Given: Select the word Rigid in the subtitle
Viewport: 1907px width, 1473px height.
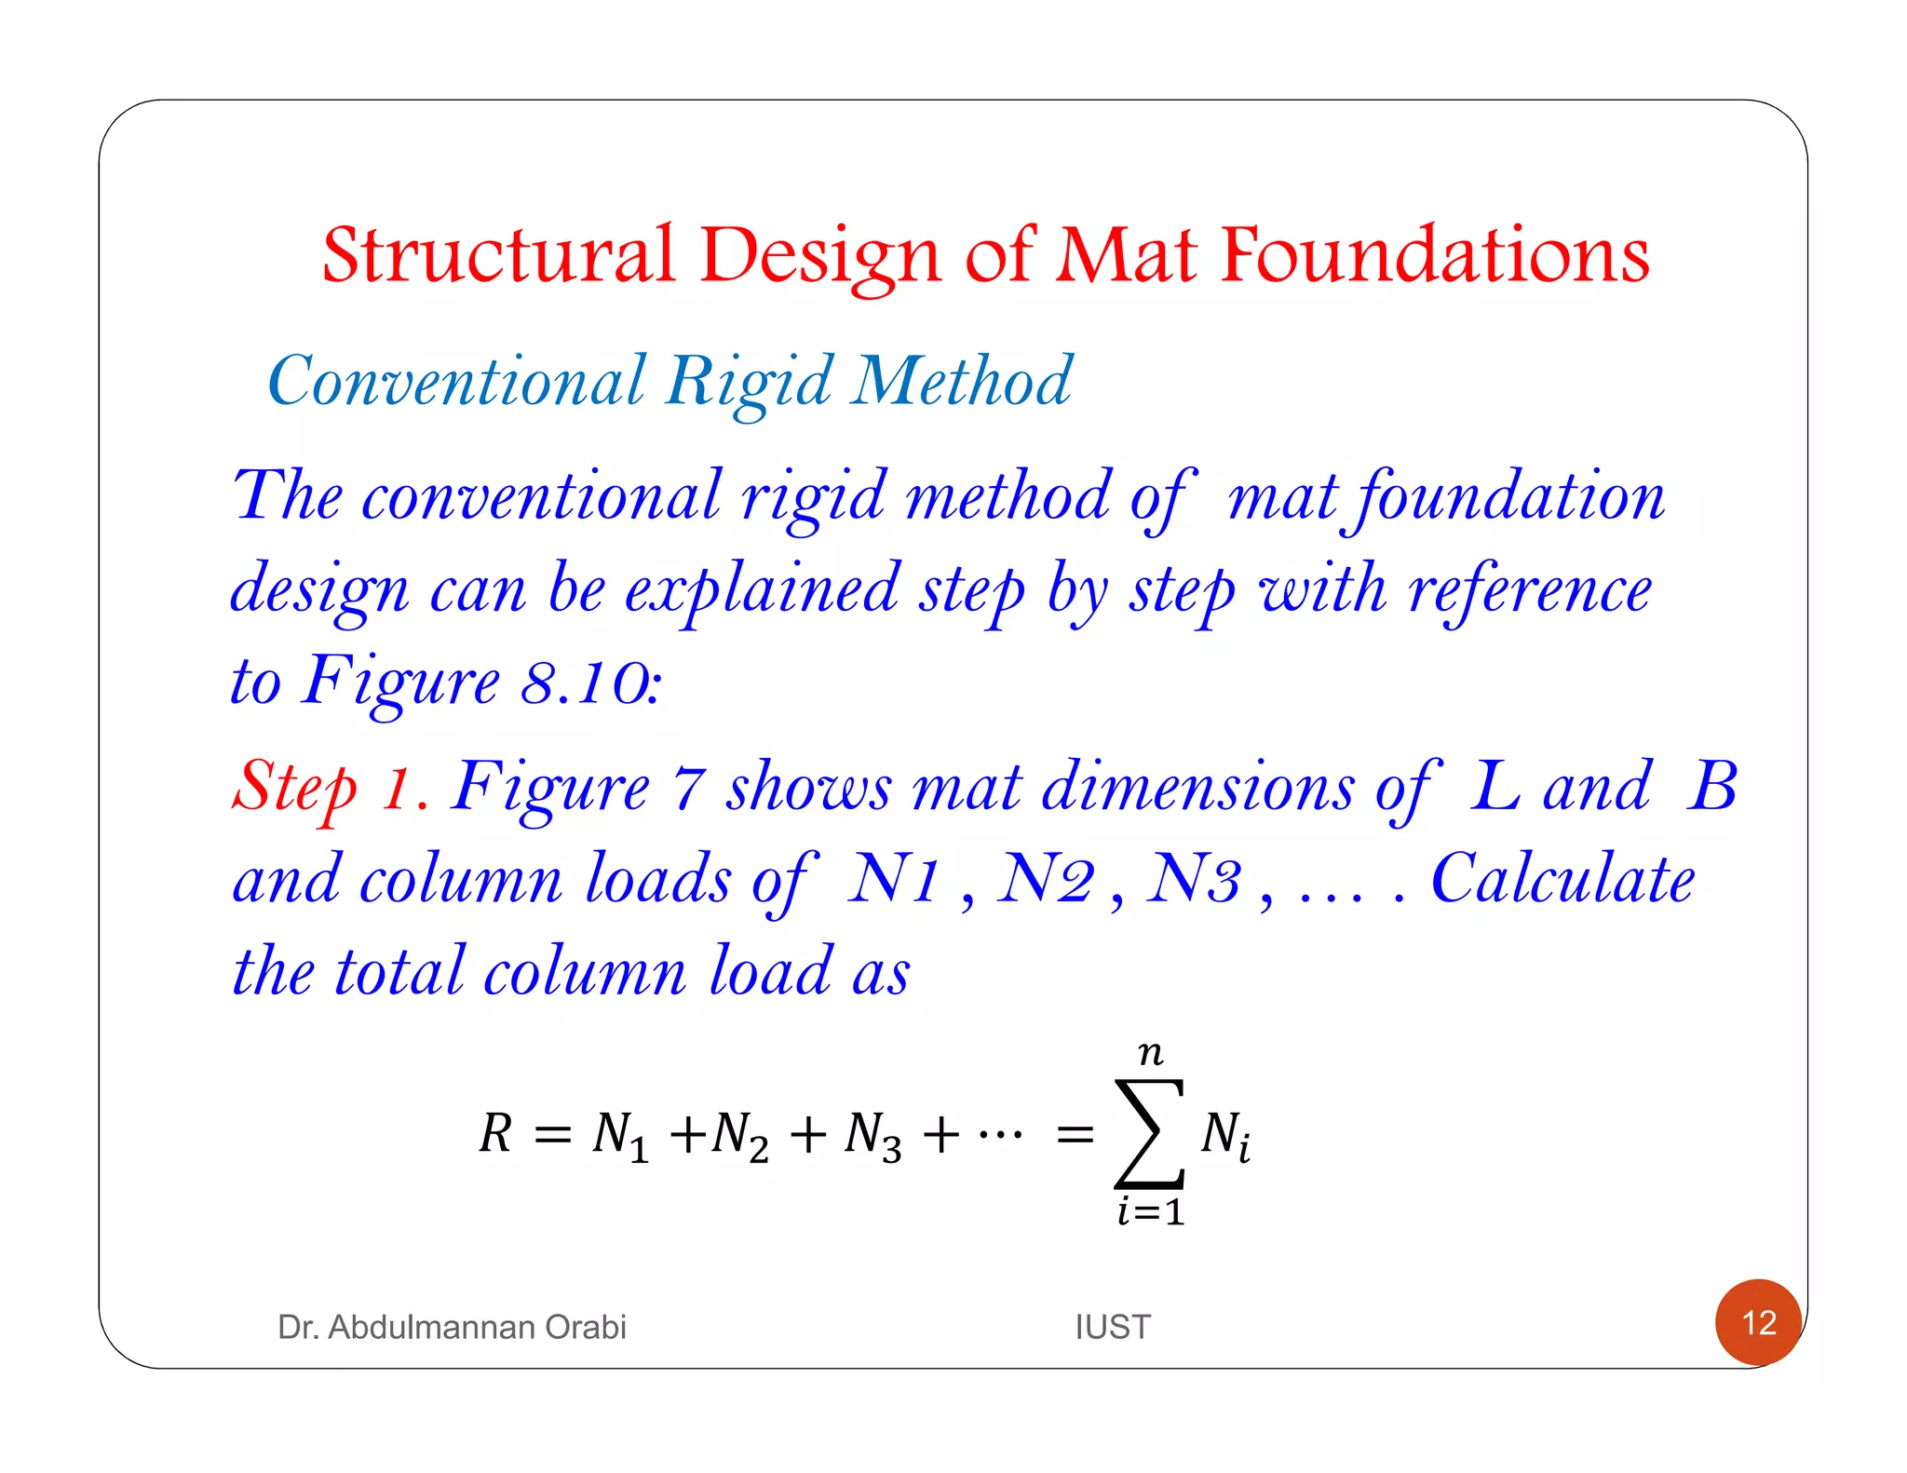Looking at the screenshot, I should click(x=750, y=382).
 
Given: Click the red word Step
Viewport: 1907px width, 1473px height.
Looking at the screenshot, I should click(x=294, y=787).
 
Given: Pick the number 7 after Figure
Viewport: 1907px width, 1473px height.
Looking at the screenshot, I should click(x=688, y=788).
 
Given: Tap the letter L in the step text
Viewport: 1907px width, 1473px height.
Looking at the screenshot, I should click(x=1495, y=786).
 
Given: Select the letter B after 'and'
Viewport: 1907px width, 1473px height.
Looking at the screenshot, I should click(x=1711, y=786).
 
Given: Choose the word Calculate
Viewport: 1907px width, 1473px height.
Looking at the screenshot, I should click(x=1562, y=879).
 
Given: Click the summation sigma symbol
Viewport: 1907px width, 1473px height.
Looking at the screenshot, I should click(x=1150, y=1133).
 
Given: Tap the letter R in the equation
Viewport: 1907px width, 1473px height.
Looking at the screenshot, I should click(x=495, y=1133).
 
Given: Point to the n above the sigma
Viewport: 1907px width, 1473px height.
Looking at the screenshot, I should click(x=1151, y=1053).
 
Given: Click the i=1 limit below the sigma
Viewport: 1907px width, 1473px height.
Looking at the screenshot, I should click(x=1151, y=1212).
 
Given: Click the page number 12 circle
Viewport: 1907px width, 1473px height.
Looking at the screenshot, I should click(x=1758, y=1322).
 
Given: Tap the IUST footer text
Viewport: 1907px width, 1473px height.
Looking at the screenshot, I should click(x=1113, y=1327).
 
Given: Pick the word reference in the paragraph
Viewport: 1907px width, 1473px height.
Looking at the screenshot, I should click(x=1530, y=590).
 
